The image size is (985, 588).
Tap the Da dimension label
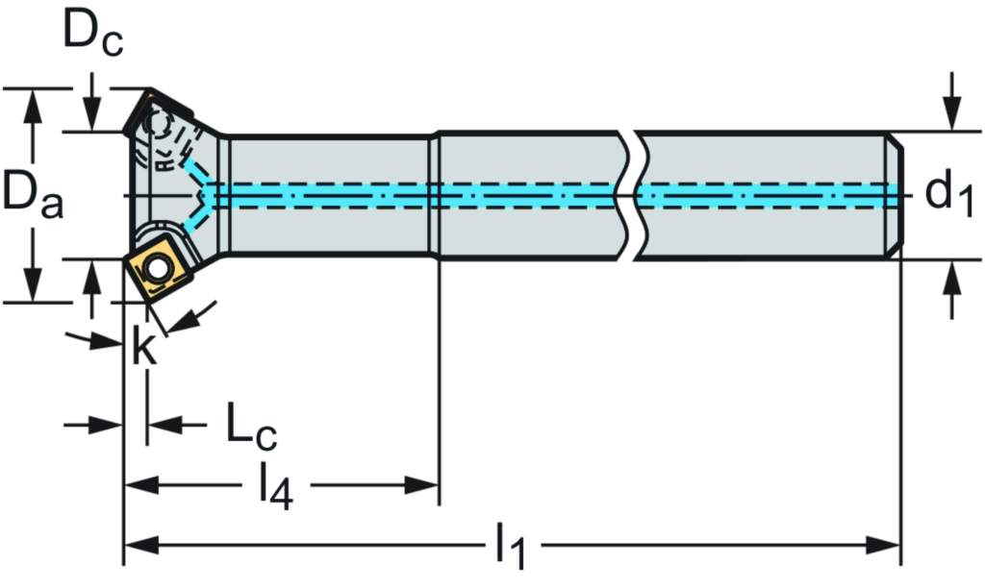point(32,193)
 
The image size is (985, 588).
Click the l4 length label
point(275,487)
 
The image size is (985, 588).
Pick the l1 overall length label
point(513,547)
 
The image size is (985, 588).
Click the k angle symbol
point(143,348)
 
